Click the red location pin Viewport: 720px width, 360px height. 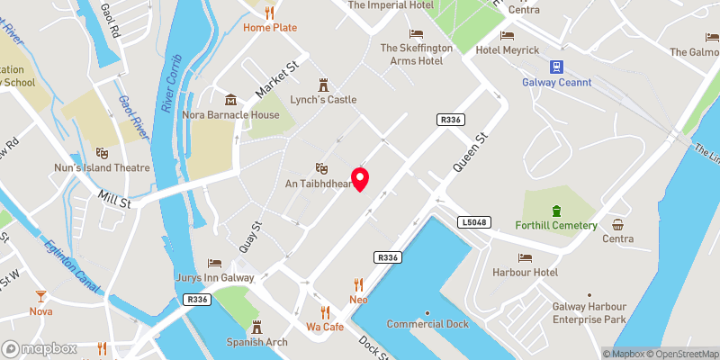361,178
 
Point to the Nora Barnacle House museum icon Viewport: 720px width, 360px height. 231,99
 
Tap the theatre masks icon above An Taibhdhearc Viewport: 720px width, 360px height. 319,167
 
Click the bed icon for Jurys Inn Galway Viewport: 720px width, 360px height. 214,263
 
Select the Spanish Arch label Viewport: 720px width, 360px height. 256,342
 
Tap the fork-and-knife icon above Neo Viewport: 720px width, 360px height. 359,283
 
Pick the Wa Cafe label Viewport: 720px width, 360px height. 325,327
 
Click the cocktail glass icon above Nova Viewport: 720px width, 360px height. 40,296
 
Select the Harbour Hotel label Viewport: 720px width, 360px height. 525,272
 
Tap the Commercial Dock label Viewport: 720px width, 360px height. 427,324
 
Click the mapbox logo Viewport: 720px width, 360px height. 38,348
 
